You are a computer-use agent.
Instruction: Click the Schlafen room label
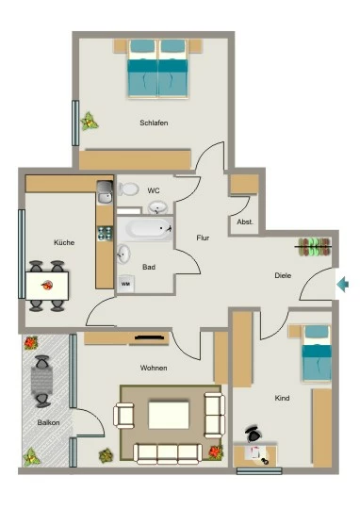[154, 123]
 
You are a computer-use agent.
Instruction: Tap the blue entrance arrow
[342, 285]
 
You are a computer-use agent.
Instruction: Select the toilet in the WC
[128, 189]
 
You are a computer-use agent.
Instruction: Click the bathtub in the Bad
[145, 229]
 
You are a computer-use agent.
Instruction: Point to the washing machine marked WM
[125, 284]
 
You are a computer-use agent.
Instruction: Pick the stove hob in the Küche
[105, 233]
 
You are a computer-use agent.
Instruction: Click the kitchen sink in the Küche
[105, 192]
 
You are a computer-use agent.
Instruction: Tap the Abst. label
[245, 222]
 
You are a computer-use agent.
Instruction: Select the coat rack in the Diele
[314, 247]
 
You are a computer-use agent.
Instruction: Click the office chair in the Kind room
[254, 434]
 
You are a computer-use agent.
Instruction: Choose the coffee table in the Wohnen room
[169, 415]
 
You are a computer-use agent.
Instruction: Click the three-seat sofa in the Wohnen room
[168, 453]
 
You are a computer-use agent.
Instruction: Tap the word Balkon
[48, 422]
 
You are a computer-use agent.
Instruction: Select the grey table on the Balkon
[41, 381]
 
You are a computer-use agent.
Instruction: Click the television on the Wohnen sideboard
[149, 337]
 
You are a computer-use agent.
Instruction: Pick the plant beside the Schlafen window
[89, 121]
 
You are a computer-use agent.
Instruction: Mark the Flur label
[203, 238]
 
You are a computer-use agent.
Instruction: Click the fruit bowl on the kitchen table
[47, 286]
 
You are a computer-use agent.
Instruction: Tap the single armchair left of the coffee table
[123, 415]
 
